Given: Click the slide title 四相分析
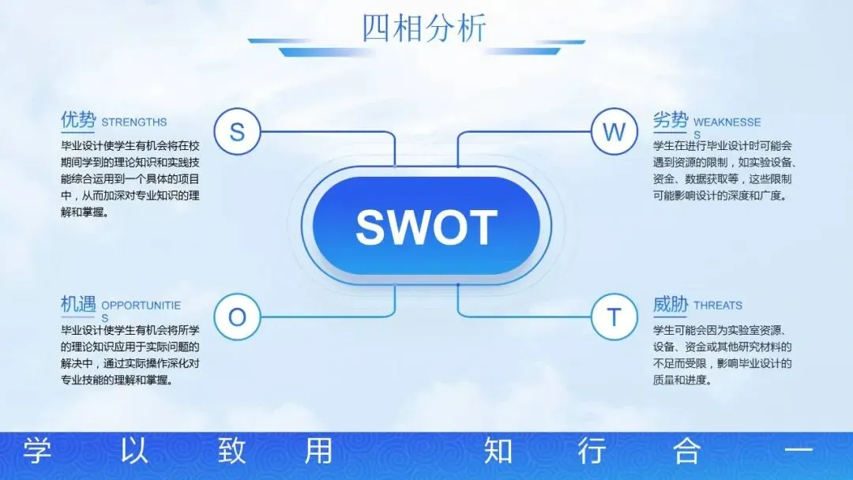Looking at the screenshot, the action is click(424, 28).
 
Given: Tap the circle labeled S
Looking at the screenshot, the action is click(237, 131).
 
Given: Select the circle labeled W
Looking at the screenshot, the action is click(614, 131).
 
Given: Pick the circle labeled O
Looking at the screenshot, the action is click(237, 317).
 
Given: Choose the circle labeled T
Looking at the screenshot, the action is click(614, 317).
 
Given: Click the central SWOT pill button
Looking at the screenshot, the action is click(426, 227).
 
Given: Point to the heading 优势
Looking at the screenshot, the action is click(78, 120).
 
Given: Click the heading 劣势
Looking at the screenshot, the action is click(670, 120).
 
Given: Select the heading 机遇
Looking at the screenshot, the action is click(78, 303).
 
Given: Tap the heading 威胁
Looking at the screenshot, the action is click(670, 304).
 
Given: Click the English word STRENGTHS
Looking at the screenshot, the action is click(134, 122).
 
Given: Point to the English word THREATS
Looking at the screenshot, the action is click(718, 306).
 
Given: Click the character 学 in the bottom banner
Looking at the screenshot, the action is click(36, 452).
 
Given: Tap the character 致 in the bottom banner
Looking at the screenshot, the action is click(232, 452).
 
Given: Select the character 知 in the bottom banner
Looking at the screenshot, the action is click(498, 452).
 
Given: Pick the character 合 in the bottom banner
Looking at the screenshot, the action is click(686, 452).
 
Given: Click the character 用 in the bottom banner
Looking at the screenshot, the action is click(318, 452).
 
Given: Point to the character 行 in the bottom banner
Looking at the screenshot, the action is click(592, 452).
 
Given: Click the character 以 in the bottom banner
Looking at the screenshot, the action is click(134, 452).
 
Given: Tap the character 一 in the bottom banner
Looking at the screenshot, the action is click(797, 452).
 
